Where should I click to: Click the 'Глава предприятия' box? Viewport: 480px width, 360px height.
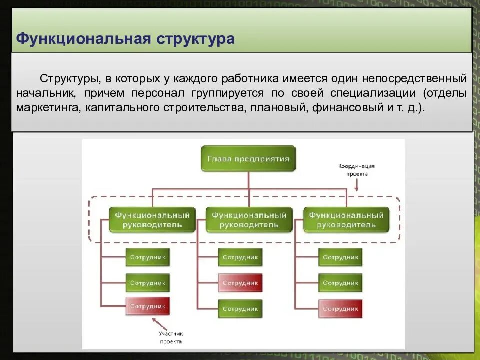coord(248,159)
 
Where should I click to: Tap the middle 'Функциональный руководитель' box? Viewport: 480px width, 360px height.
coord(249,220)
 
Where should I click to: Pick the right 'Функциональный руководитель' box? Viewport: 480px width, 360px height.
coord(346,220)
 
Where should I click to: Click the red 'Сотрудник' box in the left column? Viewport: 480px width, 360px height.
coord(147,306)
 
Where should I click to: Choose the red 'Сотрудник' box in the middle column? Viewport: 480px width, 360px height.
coord(240,283)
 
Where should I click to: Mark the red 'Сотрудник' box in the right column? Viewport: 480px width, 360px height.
coord(340,308)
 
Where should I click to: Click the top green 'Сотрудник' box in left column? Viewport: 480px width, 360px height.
coord(147,257)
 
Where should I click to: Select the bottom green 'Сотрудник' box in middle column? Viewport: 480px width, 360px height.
coord(240,308)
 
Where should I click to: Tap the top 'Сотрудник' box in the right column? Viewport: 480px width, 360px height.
coord(340,257)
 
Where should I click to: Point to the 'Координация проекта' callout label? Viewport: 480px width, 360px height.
coord(356,170)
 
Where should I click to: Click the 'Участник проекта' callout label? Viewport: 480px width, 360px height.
coord(171,337)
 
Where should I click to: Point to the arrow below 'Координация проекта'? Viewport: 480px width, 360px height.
coord(356,185)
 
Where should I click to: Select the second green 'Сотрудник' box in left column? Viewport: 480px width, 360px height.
coord(147,283)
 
